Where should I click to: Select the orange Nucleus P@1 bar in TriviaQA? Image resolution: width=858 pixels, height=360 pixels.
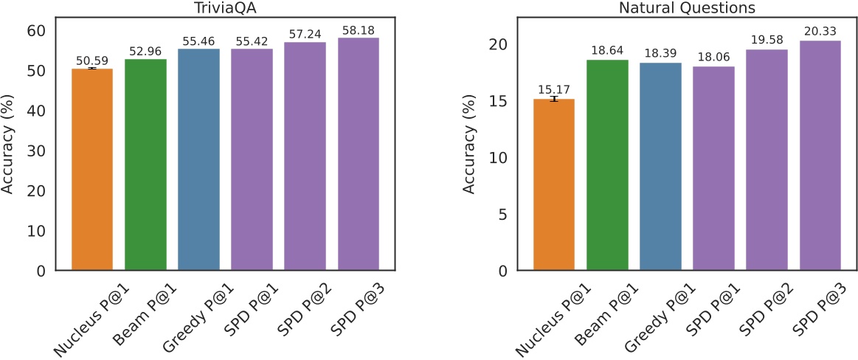[x=91, y=170]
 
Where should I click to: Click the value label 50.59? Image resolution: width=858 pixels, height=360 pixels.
[x=91, y=60]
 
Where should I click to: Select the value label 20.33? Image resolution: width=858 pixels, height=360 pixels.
[x=820, y=32]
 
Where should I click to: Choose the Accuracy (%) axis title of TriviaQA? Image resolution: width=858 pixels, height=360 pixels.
[x=9, y=150]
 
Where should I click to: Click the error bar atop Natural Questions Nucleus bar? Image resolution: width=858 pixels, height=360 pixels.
[x=554, y=99]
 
